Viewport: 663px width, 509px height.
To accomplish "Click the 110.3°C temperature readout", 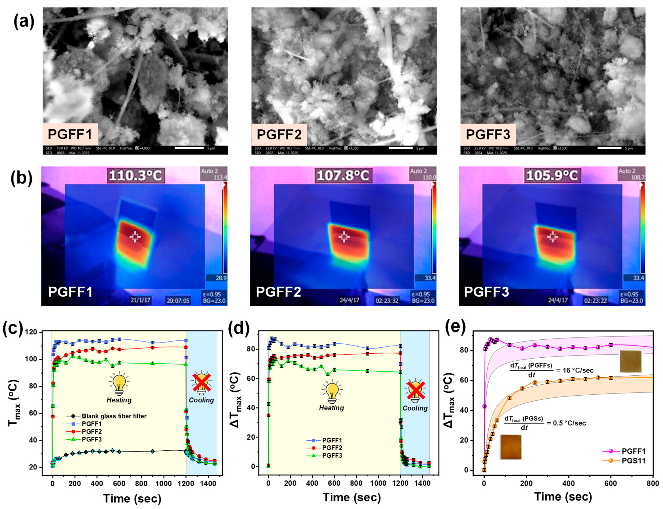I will tap(135, 175).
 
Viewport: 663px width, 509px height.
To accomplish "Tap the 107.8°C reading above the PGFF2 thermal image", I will tap(343, 175).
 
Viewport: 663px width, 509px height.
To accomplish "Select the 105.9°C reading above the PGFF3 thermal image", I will tap(551, 175).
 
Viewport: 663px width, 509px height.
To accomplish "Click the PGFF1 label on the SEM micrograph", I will tap(70, 134).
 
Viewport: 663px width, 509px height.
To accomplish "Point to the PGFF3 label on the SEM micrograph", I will tap(488, 134).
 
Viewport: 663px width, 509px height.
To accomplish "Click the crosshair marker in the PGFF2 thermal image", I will tap(344, 237).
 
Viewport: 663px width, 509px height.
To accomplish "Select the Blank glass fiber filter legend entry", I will tap(114, 416).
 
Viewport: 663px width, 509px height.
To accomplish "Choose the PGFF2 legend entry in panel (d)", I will tap(332, 448).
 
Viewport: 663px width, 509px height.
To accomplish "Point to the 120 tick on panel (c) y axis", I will tap(40, 332).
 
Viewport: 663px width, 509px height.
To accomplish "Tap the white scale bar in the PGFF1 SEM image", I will tap(189, 148).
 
